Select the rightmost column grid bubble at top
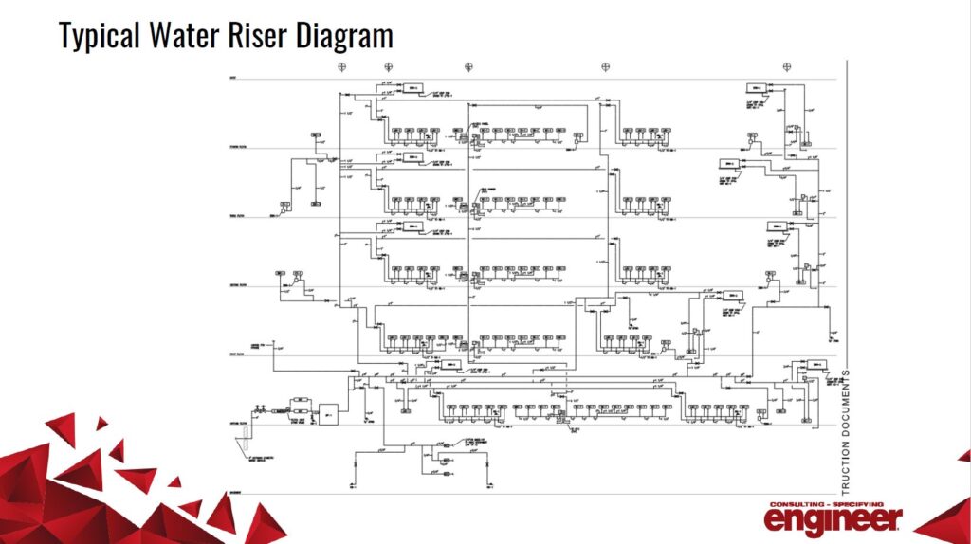[x=785, y=66]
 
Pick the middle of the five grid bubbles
[x=467, y=66]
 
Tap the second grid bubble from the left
[x=388, y=66]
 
